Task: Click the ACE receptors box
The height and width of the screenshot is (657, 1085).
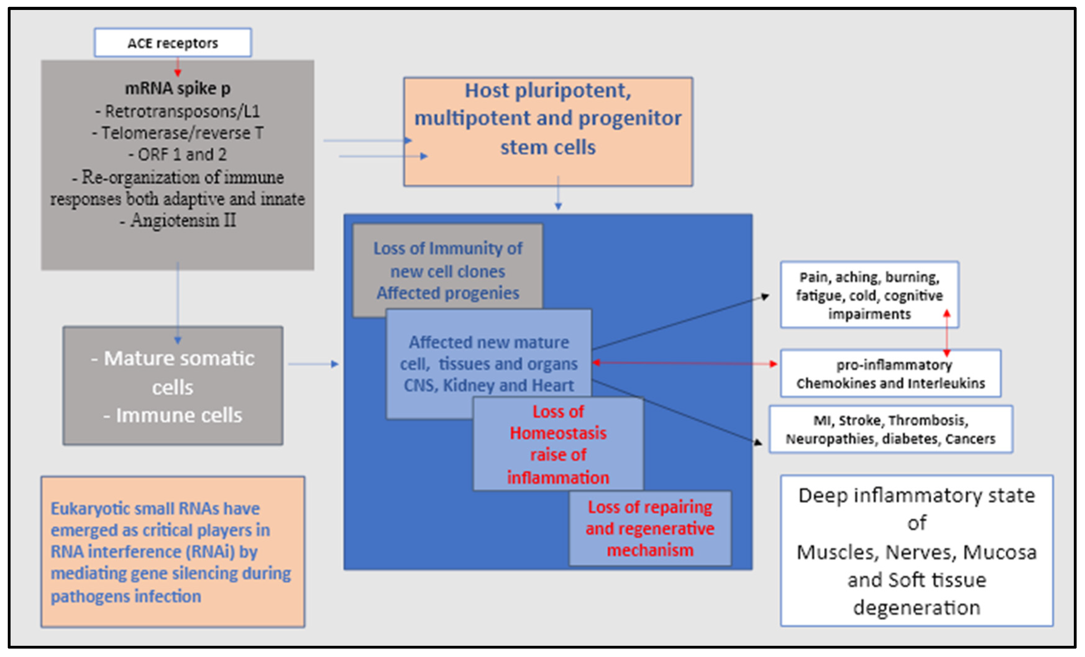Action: [x=173, y=43]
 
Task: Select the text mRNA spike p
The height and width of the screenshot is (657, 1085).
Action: [x=177, y=89]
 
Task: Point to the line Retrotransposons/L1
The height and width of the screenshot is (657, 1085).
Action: [x=177, y=112]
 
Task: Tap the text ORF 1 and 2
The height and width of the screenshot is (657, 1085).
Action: [x=177, y=155]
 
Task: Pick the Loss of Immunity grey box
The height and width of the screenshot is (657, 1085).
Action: [x=447, y=270]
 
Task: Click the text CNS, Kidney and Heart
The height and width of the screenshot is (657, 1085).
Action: [x=489, y=386]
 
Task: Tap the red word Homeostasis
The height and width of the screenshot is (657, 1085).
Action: [x=558, y=433]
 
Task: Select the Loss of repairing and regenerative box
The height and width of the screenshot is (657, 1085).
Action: [x=650, y=528]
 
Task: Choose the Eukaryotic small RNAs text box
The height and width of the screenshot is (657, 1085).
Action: [x=173, y=552]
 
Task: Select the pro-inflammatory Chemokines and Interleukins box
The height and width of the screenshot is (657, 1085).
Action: [x=890, y=374]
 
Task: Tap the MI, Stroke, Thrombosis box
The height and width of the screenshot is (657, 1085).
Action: [x=890, y=429]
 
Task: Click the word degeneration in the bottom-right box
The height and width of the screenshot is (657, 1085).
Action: [x=917, y=608]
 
